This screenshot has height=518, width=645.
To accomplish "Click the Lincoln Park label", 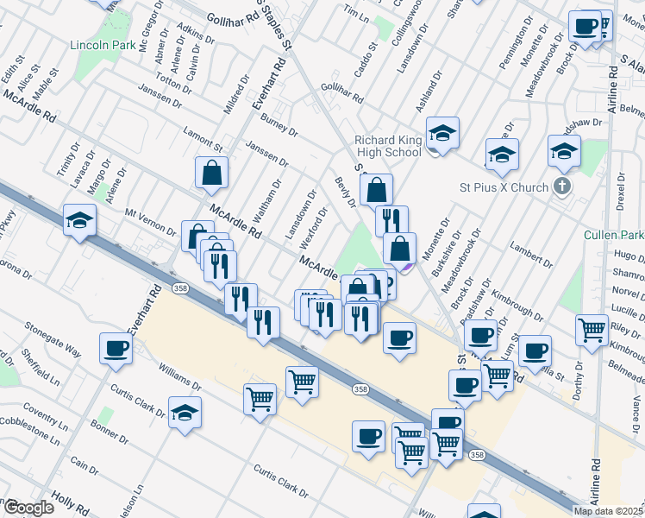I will coord(101,44).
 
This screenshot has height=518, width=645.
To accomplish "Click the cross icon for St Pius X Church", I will coord(561,186).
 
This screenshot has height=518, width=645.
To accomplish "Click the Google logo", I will coord(28,508).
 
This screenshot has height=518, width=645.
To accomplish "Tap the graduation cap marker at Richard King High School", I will coord(441,133).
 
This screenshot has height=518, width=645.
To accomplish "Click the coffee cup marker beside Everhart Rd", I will coord(116,349).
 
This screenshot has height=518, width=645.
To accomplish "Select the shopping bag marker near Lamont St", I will coord(211,173).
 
